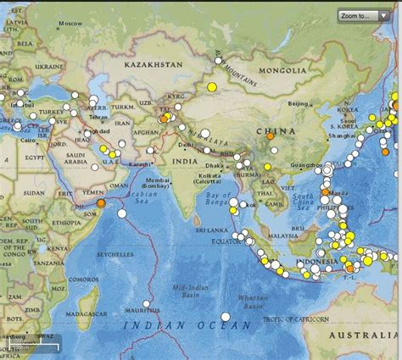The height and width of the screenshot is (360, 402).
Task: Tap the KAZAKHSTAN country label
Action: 153,64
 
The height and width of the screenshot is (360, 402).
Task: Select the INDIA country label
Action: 182,161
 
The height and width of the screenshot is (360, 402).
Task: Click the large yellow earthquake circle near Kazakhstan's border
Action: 211,87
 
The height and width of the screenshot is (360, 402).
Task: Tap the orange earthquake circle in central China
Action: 270,136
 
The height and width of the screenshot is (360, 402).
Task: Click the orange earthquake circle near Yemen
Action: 100,203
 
